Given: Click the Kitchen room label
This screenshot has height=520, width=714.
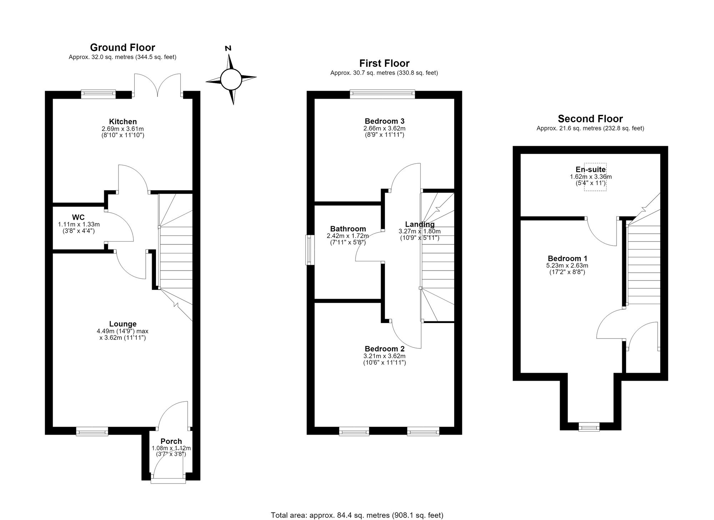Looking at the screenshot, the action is (123, 122).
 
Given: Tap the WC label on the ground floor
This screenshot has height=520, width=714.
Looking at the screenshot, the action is (78, 217).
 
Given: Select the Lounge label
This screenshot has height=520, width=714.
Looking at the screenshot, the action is (123, 324).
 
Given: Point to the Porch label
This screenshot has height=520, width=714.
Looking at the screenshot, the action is (171, 441).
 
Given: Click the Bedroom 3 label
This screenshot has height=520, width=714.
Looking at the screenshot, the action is (384, 121).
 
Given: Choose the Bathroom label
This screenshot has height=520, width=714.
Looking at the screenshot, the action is (348, 229).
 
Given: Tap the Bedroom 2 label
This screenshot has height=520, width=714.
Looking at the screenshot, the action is (384, 349).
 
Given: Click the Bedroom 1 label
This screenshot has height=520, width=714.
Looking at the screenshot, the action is (568, 258).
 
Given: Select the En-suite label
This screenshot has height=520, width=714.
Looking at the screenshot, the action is (591, 169).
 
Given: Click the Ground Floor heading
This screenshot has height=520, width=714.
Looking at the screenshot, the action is (122, 48).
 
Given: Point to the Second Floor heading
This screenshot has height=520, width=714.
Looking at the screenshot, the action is (590, 119).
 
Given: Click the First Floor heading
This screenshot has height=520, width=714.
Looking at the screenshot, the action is (384, 64).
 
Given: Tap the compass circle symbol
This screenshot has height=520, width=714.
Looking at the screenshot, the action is (231, 79).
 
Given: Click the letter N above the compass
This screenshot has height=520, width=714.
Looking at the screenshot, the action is (228, 48).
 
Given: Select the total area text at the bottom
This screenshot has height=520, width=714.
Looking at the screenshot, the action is (357, 515).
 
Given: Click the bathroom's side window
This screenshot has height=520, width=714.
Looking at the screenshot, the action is (310, 249).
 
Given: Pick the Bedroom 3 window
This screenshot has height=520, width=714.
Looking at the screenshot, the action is (382, 94).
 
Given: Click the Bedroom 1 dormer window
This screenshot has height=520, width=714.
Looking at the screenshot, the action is (589, 426).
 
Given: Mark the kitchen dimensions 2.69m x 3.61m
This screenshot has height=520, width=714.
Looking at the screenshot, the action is (123, 129).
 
